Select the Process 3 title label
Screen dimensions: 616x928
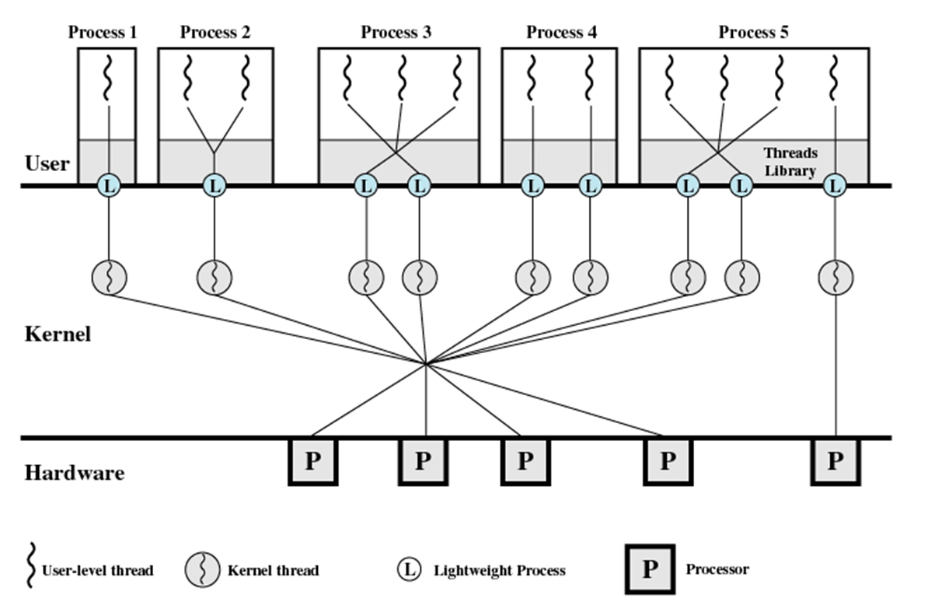[x=396, y=32]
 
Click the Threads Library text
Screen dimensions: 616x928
[x=790, y=162]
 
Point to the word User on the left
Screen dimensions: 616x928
[x=47, y=164]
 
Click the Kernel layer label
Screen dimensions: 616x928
[x=58, y=335]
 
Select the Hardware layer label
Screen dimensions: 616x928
[x=74, y=473]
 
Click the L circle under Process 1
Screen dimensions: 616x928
[x=109, y=186]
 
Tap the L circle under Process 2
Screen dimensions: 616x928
[x=214, y=186]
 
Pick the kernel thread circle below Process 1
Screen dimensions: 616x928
[x=109, y=277]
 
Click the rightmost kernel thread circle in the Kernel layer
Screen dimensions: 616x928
[x=836, y=277]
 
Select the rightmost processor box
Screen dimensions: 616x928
[x=836, y=462]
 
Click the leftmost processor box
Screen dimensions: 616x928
[x=312, y=462]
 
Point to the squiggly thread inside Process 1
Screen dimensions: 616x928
[x=108, y=79]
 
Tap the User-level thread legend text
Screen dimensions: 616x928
[x=98, y=570]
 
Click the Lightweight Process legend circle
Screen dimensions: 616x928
[x=409, y=570]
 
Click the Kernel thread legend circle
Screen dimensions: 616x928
[x=201, y=570]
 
